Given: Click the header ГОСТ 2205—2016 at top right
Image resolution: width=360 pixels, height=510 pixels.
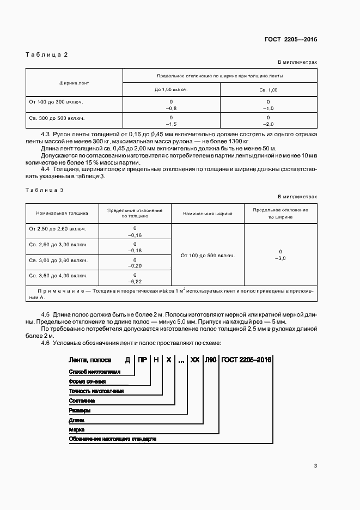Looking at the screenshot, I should coord(290,39).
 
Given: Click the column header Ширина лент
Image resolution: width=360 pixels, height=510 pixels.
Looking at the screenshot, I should coord(74,83).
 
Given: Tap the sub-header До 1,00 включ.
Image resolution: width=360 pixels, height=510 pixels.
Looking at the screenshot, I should coord(171,89).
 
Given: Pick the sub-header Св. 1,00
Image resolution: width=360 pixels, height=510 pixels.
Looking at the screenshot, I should coord(268,89).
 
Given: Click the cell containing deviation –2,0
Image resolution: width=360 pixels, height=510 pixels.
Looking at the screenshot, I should coord(268,124).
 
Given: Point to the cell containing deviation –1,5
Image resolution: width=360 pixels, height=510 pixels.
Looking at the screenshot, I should coord(171,124).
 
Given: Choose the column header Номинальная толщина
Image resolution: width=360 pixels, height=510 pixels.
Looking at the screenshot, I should coord(62,213).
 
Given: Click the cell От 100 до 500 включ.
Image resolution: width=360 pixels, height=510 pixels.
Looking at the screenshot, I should coord(208,255).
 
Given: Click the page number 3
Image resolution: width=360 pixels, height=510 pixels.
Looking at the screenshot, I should coord(315,465).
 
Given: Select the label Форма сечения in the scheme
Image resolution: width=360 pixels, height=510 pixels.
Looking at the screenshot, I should coord(87,381).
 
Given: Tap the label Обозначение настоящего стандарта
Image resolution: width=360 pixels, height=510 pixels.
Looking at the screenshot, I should coord(112,439).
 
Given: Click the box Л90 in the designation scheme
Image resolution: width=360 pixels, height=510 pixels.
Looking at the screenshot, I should coord(210,360).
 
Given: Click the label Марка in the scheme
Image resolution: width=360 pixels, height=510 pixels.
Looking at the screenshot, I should coord(76,429).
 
